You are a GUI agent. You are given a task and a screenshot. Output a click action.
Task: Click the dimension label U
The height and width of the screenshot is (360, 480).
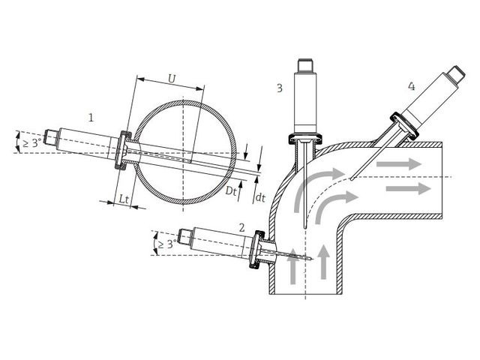click(172, 79)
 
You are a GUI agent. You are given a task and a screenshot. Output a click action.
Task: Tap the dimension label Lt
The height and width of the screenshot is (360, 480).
click(124, 199)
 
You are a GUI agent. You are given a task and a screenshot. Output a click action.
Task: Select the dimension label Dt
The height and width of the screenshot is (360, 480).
click(231, 191)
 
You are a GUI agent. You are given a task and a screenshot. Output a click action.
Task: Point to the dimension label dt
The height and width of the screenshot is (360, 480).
click(260, 198)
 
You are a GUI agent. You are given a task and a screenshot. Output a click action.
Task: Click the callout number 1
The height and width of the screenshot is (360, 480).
click(91, 117)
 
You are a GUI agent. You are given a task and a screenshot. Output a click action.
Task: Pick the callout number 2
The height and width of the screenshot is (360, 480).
click(241, 228)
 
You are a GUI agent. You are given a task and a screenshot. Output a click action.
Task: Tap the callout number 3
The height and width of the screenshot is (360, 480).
click(280, 88)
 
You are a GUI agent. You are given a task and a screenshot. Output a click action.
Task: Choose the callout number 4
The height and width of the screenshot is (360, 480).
click(412, 87)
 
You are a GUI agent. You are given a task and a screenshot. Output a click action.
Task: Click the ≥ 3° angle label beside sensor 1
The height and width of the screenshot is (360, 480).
click(31, 142)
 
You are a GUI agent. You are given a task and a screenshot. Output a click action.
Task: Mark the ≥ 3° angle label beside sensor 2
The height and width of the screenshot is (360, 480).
click(167, 244)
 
